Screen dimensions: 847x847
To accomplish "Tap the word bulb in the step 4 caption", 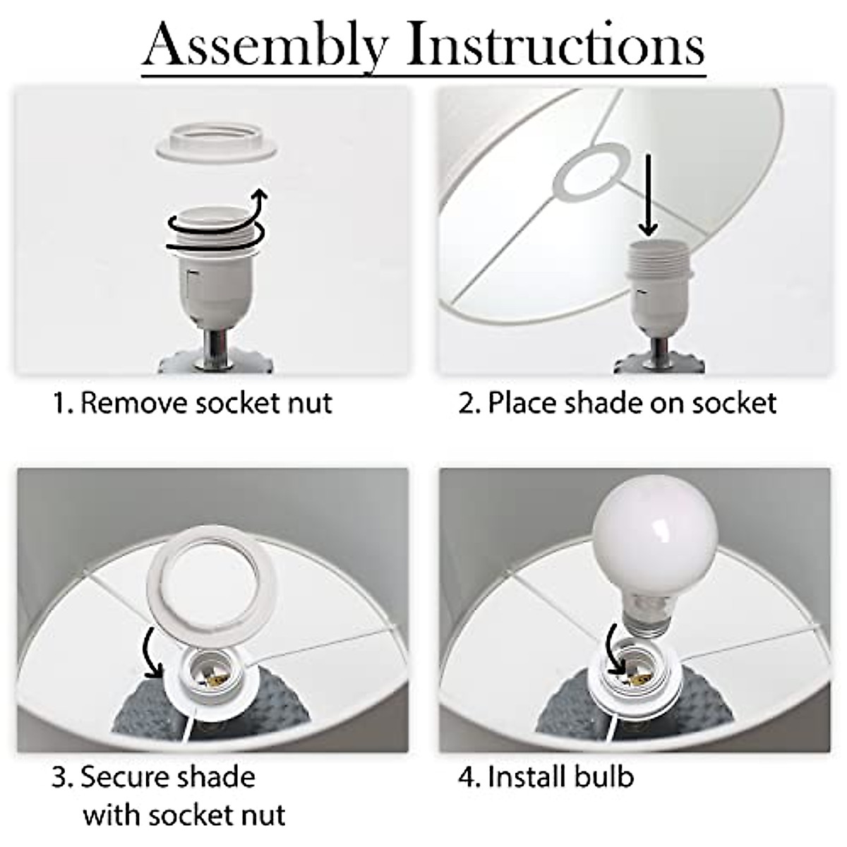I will click(x=603, y=777).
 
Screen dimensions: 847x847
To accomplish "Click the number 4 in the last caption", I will click(x=466, y=778).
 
